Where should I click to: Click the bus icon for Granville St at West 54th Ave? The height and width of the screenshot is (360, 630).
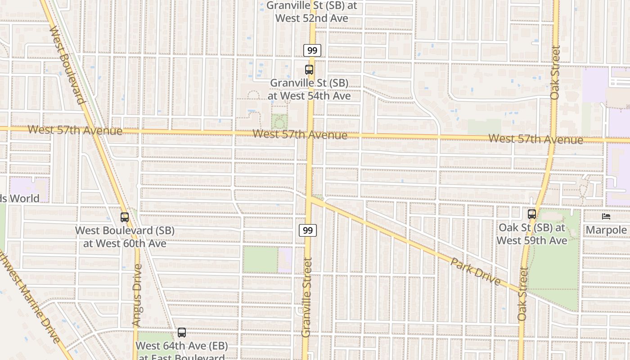[309, 70]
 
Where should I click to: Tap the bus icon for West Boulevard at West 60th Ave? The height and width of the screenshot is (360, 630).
[125, 217]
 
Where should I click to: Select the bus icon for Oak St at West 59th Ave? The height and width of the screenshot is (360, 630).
[532, 214]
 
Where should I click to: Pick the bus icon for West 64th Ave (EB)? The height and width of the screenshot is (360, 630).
[181, 333]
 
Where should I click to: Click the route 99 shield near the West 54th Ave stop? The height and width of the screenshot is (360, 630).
[312, 50]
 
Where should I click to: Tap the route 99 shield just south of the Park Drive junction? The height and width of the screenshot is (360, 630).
[308, 230]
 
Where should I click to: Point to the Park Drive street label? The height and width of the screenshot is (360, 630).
[475, 271]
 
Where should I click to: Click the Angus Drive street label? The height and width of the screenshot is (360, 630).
[137, 295]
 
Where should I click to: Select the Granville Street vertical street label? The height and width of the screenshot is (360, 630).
[307, 297]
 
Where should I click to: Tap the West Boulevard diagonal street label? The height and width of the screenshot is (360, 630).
[68, 65]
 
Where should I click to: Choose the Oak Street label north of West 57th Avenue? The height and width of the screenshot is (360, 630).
[555, 72]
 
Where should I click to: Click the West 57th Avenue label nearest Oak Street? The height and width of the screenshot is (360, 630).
[535, 139]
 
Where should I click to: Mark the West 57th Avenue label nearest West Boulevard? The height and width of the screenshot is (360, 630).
[75, 130]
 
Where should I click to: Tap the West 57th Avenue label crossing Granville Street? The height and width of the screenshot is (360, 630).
[300, 134]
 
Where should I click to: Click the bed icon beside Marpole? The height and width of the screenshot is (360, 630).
[606, 216]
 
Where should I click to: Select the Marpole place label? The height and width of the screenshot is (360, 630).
[606, 230]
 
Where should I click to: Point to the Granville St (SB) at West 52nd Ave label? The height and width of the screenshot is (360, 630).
[311, 12]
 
